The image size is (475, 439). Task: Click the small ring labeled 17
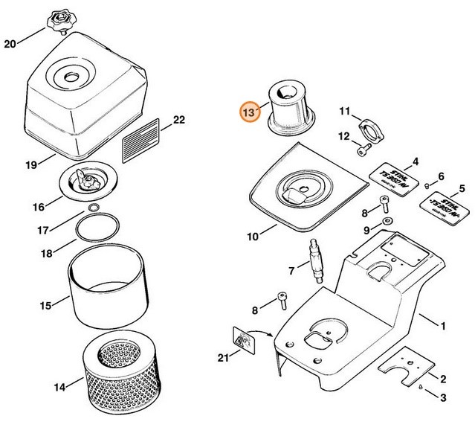click(x=94, y=207)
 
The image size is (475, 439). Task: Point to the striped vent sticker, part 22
click(x=140, y=138)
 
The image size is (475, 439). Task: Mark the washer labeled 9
click(x=387, y=222)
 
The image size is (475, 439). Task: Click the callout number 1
click(x=445, y=325)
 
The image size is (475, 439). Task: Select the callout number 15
click(x=45, y=304)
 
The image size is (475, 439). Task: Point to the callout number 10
click(x=253, y=237)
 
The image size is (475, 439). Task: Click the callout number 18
click(x=47, y=254)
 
